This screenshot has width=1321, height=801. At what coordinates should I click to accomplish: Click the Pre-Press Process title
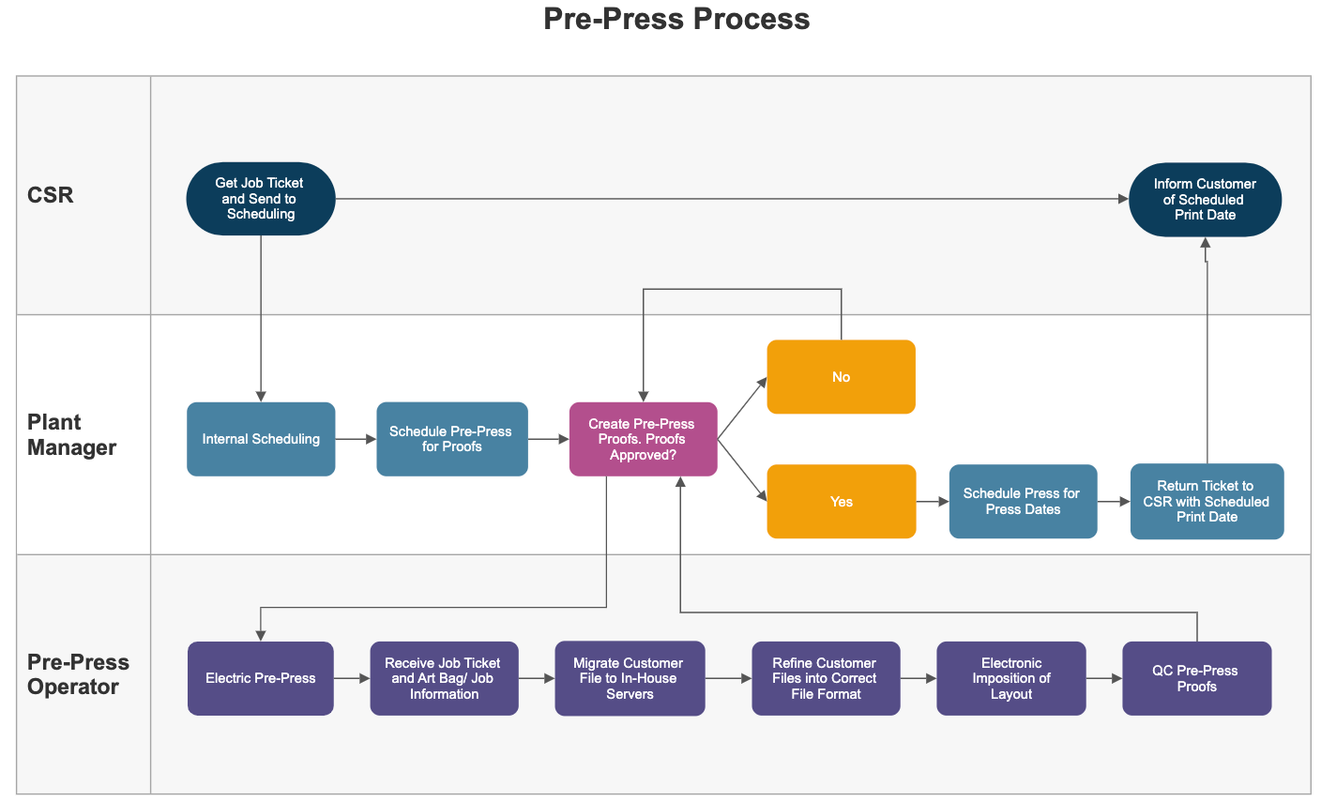pyautogui.click(x=676, y=19)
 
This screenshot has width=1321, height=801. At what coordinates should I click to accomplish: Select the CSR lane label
pyautogui.click(x=51, y=195)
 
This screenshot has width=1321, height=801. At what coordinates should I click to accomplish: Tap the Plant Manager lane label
pyautogui.click(x=71, y=434)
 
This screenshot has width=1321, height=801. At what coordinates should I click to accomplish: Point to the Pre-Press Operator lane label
pyautogui.click(x=78, y=673)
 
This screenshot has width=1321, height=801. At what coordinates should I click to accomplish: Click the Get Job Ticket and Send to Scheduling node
pyautogui.click(x=261, y=199)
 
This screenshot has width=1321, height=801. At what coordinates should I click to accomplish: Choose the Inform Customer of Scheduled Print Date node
pyautogui.click(x=1205, y=200)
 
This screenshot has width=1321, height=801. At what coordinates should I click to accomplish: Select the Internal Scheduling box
pyautogui.click(x=261, y=439)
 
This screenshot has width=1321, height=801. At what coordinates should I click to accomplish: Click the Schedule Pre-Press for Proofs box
pyautogui.click(x=451, y=439)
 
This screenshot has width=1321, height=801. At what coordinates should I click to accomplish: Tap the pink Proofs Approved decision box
pyautogui.click(x=643, y=439)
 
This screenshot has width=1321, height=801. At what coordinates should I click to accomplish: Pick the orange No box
pyautogui.click(x=841, y=377)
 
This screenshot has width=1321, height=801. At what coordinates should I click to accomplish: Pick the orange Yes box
pyautogui.click(x=841, y=502)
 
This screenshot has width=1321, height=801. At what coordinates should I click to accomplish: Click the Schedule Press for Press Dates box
pyautogui.click(x=1023, y=502)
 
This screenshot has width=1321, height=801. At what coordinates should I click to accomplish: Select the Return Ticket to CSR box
pyautogui.click(x=1207, y=502)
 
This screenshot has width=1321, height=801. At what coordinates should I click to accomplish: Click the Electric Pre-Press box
pyautogui.click(x=261, y=678)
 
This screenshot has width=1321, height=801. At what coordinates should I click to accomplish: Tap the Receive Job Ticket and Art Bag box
pyautogui.click(x=444, y=678)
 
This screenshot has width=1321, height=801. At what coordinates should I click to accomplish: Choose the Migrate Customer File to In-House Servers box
pyautogui.click(x=630, y=678)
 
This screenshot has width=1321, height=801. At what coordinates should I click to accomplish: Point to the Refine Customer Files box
pyautogui.click(x=826, y=678)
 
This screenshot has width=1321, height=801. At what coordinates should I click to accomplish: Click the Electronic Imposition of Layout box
pyautogui.click(x=1011, y=678)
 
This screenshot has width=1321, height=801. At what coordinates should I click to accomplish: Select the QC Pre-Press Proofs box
pyautogui.click(x=1196, y=678)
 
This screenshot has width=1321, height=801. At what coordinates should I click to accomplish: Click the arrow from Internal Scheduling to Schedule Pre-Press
pyautogui.click(x=356, y=439)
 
